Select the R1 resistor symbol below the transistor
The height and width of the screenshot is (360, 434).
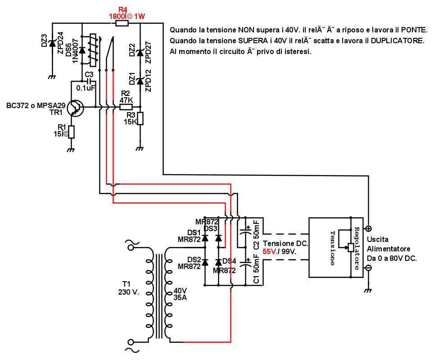coord(71,132)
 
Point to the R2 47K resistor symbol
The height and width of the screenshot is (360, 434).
coord(126,107)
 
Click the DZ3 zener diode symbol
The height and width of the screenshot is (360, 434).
coord(52,43)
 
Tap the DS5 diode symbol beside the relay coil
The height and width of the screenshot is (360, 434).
coord(82,50)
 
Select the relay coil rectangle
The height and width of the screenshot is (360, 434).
coord(93,50)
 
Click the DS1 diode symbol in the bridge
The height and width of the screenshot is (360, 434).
coord(205,237)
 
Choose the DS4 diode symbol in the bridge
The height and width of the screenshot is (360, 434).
coord(218,262)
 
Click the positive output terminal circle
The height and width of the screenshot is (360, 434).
coord(368,228)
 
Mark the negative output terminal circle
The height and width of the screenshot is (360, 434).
coord(368,268)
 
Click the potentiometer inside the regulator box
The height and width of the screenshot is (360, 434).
coord(351,247)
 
